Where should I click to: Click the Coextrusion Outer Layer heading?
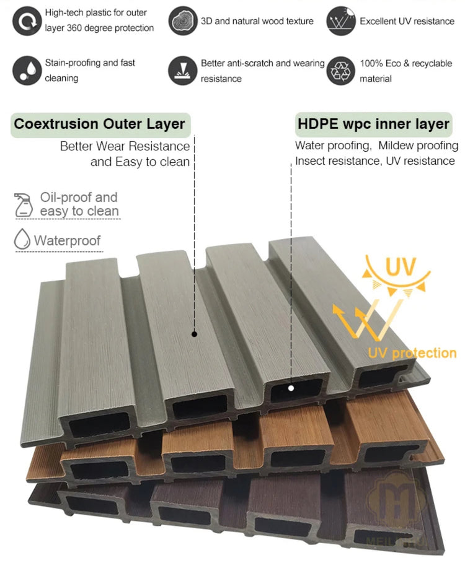click(100, 124)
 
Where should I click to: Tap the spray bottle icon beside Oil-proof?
click(24, 204)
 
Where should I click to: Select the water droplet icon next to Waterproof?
click(22, 240)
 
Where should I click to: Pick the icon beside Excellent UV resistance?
click(340, 21)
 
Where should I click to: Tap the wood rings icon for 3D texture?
click(182, 21)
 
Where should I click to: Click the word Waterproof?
click(67, 240)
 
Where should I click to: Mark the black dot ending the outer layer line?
click(194, 334)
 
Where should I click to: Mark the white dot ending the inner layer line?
click(291, 388)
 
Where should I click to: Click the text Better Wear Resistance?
click(125, 146)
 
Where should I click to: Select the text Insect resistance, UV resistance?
click(375, 161)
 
